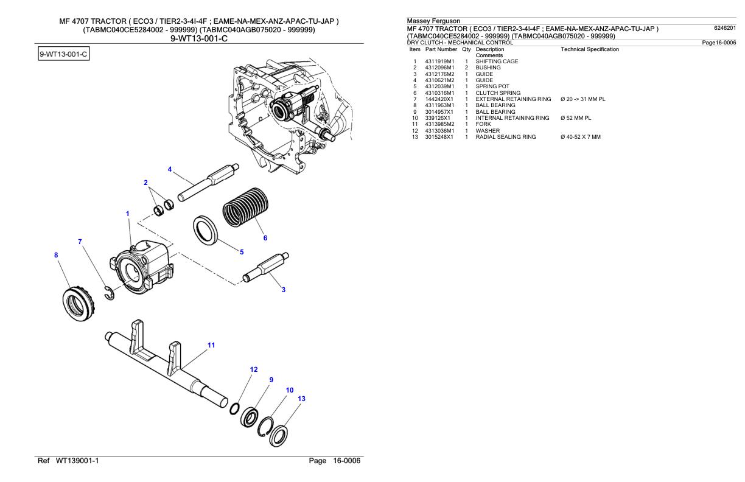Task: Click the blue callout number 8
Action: point(57,256)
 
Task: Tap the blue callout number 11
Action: point(211,345)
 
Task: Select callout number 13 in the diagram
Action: point(301,399)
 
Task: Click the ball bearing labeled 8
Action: point(77,299)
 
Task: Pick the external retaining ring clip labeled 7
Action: point(108,292)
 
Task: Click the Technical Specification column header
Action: point(589,49)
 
